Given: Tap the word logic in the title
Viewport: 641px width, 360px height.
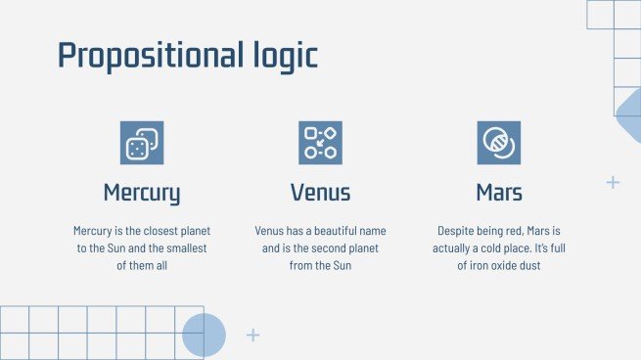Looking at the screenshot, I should pyautogui.click(x=282, y=55).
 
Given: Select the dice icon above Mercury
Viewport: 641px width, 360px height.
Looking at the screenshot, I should pyautogui.click(x=142, y=143).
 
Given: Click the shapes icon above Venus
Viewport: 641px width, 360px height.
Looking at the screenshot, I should pyautogui.click(x=320, y=143).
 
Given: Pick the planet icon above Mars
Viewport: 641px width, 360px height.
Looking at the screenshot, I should pyautogui.click(x=499, y=143).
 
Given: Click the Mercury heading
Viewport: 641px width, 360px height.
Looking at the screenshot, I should pyautogui.click(x=142, y=192).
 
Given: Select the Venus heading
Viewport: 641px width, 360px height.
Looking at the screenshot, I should pyautogui.click(x=320, y=192).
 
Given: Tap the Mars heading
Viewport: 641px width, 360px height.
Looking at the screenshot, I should pyautogui.click(x=499, y=192).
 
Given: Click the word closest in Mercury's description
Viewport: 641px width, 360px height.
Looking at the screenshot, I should pyautogui.click(x=155, y=231).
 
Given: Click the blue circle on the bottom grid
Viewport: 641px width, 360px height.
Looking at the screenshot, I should pyautogui.click(x=204, y=335).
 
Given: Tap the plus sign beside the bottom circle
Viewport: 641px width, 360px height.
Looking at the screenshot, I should pyautogui.click(x=253, y=336).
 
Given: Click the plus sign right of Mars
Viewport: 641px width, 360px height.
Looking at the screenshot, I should pyautogui.click(x=614, y=182).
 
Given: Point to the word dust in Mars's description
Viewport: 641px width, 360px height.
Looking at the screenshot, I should pyautogui.click(x=528, y=266).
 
